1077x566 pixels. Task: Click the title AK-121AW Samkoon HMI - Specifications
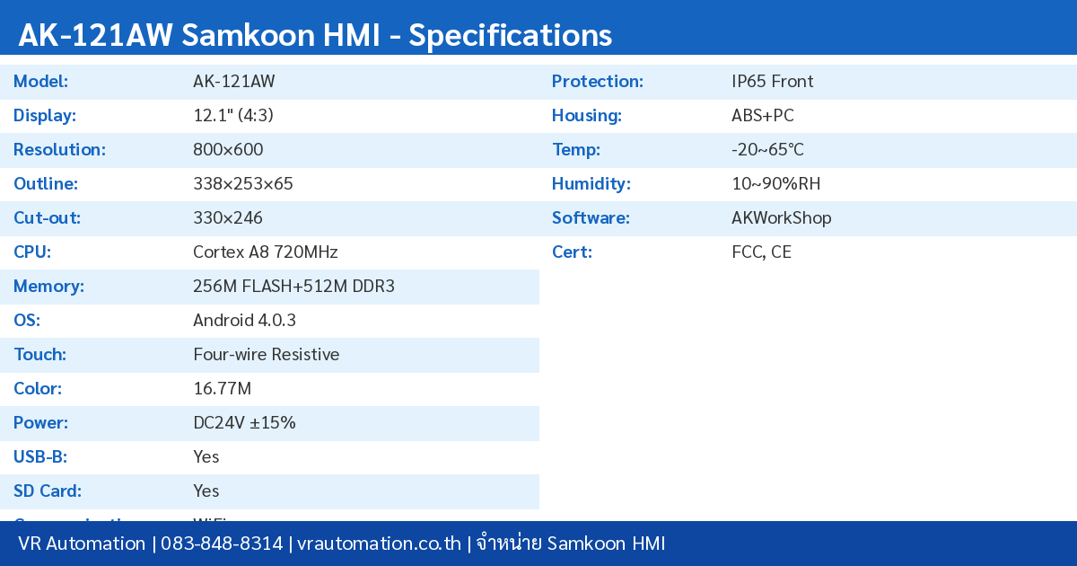tap(315, 35)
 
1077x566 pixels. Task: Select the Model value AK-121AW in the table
tap(234, 82)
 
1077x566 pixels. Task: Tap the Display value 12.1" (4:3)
tap(233, 116)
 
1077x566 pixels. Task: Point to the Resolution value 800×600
tap(228, 150)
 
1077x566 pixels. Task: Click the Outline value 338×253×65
tap(243, 184)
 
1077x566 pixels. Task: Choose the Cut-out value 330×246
tap(228, 218)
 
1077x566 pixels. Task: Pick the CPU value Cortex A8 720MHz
tap(266, 252)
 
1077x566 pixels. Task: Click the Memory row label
tap(48, 287)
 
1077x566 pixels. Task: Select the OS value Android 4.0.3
tap(244, 321)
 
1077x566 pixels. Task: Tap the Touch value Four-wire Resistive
tap(267, 355)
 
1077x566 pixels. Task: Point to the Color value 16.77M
tap(222, 389)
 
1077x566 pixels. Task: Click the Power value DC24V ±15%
tap(244, 423)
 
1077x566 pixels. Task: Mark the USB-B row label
tap(40, 457)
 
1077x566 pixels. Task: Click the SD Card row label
tap(48, 491)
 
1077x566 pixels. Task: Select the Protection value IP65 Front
tap(773, 82)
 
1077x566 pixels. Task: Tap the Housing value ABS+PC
tap(763, 116)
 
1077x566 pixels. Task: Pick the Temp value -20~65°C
tap(768, 150)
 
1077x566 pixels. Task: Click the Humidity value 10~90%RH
tap(776, 184)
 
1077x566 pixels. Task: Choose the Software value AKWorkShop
tap(782, 218)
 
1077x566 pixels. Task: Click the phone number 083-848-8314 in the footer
tap(222, 544)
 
